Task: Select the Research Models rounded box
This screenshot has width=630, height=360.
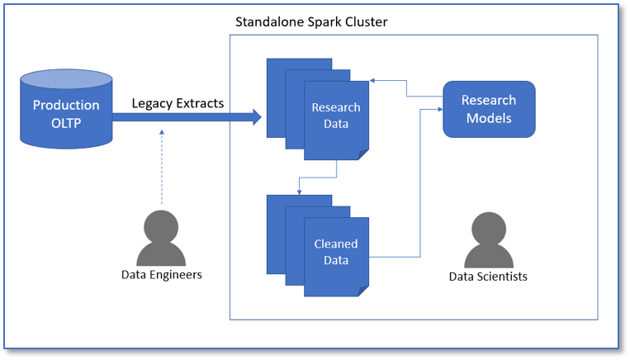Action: coord(489,109)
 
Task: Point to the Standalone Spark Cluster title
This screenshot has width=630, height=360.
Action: coord(311,21)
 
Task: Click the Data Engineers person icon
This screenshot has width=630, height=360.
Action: coord(162,239)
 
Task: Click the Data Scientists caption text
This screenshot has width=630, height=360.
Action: coord(488,277)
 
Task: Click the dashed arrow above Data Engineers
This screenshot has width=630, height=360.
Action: coord(162,165)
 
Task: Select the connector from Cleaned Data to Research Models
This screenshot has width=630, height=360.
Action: coord(420,182)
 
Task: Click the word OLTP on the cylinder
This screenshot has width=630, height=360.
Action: coord(66,122)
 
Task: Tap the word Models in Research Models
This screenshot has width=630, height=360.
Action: coord(489,118)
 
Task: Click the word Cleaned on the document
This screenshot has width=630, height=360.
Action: coord(336,244)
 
